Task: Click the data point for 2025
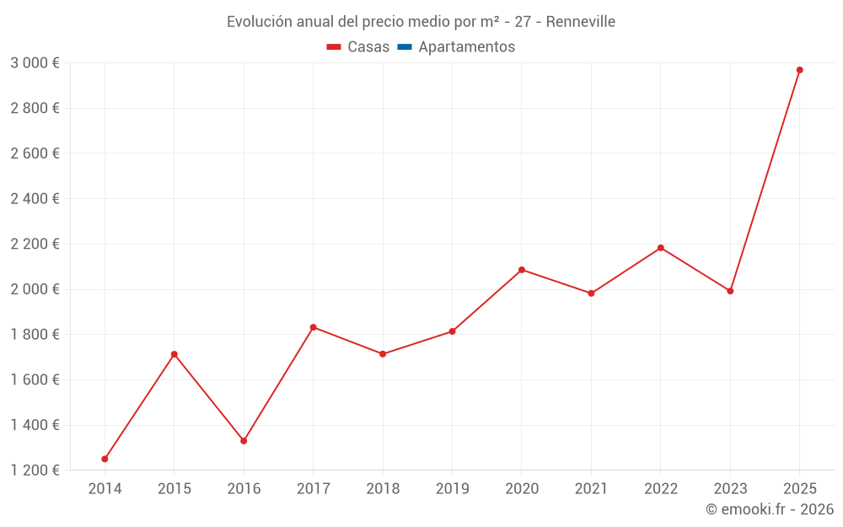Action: (x=800, y=70)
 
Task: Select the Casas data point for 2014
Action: (x=105, y=459)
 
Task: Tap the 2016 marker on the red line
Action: (x=244, y=441)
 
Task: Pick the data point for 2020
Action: (x=522, y=270)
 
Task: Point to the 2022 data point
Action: (x=661, y=248)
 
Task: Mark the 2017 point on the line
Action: (x=314, y=327)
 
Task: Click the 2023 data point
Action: (x=730, y=291)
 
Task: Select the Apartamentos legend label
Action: (x=466, y=47)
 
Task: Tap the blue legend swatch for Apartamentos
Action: (x=404, y=47)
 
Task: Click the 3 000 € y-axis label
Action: (x=35, y=62)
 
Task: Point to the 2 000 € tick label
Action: (x=35, y=289)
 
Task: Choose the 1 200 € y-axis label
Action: (x=35, y=471)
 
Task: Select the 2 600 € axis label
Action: (x=35, y=153)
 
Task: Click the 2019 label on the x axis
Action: (x=452, y=489)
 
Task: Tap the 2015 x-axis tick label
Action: (x=175, y=489)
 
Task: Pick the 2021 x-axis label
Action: (x=591, y=489)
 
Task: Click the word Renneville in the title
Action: (x=580, y=22)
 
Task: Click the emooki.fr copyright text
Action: (x=770, y=509)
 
